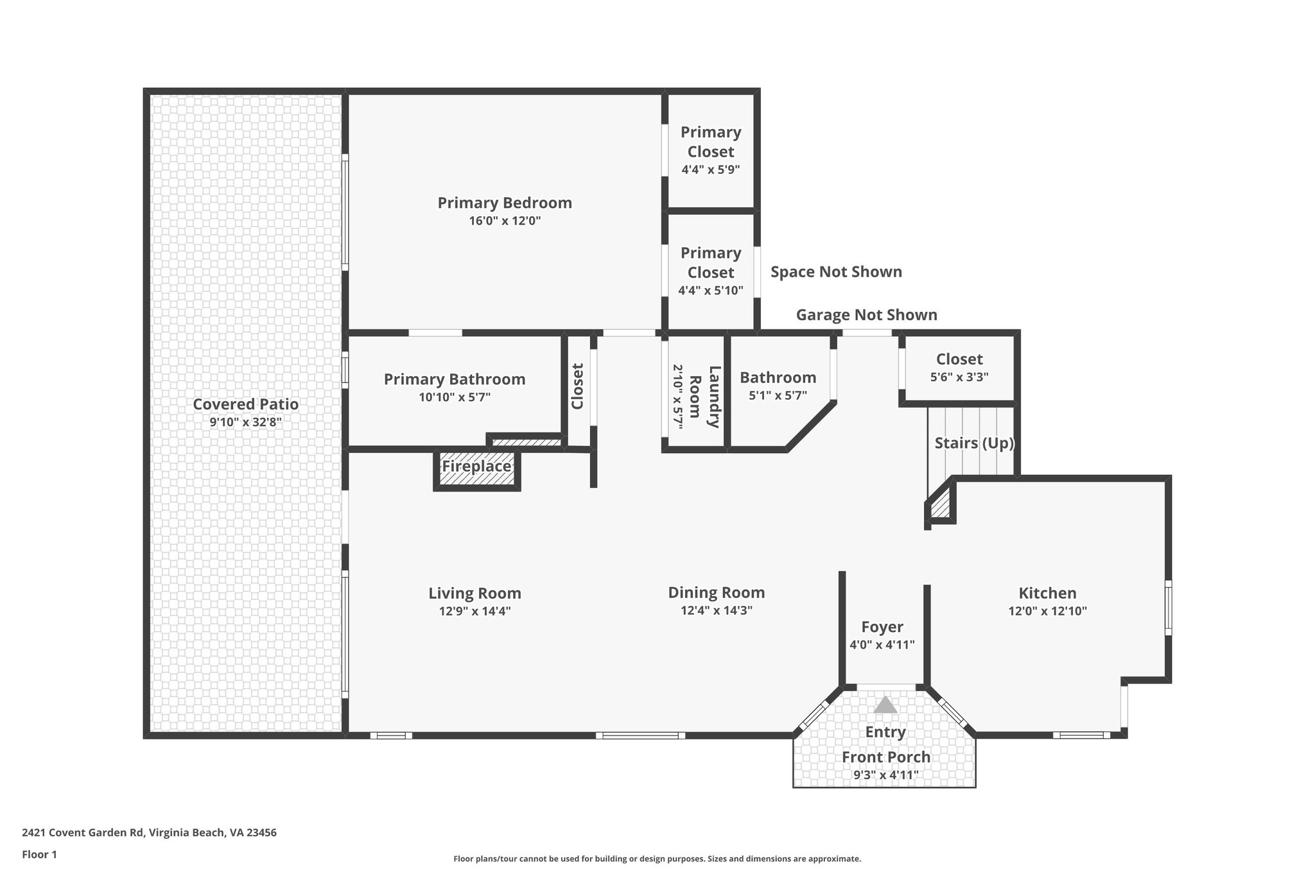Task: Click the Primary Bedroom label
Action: pos(505,203)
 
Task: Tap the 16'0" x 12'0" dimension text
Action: pos(505,221)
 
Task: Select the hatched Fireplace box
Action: pos(476,467)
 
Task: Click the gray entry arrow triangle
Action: pos(885,705)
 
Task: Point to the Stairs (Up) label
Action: pos(973,443)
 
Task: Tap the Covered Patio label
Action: pos(245,404)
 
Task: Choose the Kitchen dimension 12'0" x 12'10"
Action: pos(1047,612)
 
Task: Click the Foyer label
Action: pos(882,627)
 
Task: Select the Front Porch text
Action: pos(886,757)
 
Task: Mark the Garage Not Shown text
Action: pos(866,315)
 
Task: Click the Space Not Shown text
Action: pos(836,272)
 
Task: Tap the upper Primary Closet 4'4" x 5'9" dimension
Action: pos(711,170)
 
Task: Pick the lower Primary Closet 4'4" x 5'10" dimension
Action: pos(711,291)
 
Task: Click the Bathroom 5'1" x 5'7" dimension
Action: pos(778,396)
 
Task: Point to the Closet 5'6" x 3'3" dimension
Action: pos(959,377)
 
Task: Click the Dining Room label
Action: pos(717,592)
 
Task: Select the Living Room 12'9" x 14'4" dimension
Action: pos(475,612)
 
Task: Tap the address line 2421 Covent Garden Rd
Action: pos(149,833)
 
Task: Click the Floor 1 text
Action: pos(39,855)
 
